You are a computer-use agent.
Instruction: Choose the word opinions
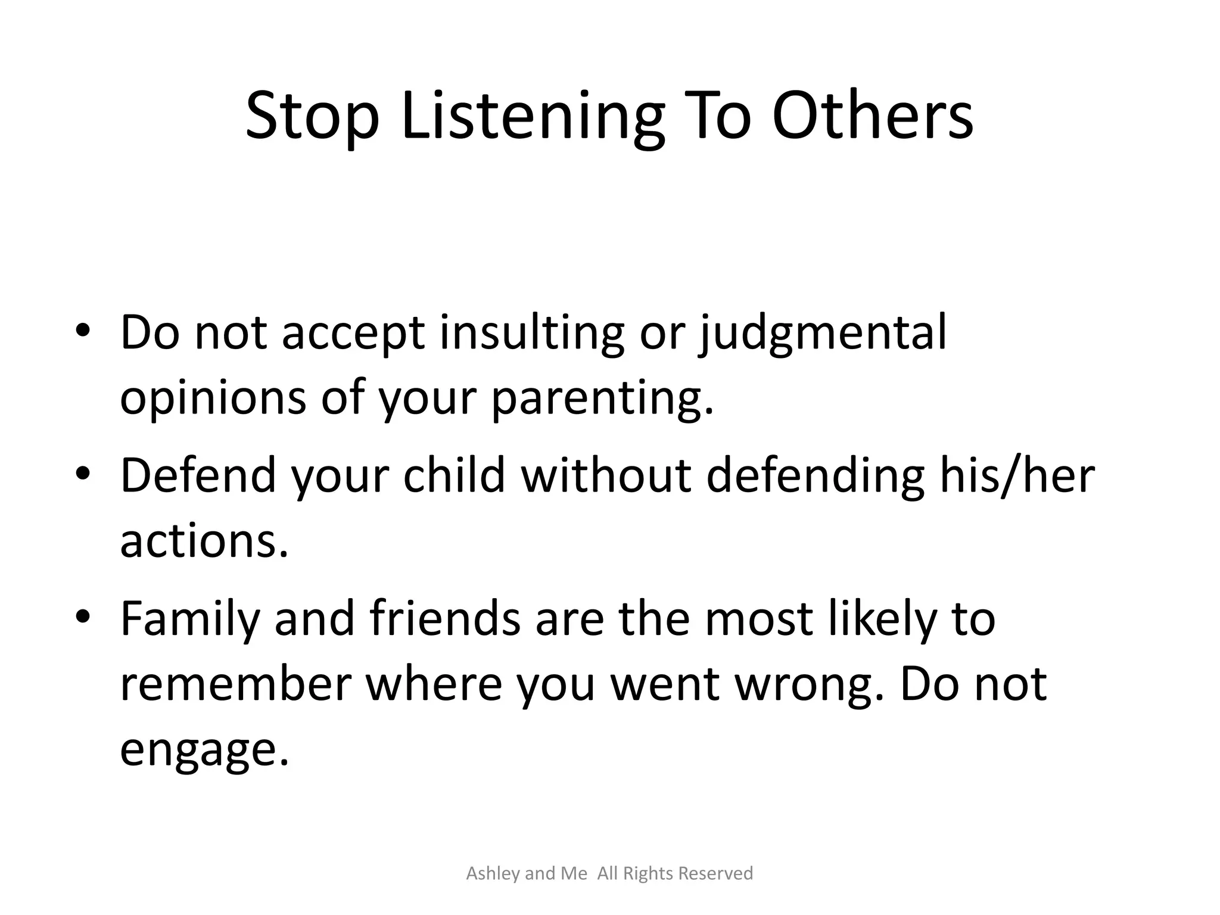tap(213, 398)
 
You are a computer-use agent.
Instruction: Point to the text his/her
tap(1017, 475)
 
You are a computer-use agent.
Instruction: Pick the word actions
tap(204, 541)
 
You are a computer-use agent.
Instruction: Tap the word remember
tap(235, 683)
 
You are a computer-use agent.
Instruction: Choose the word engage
tap(204, 750)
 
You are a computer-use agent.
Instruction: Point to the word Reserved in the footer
tap(715, 873)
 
